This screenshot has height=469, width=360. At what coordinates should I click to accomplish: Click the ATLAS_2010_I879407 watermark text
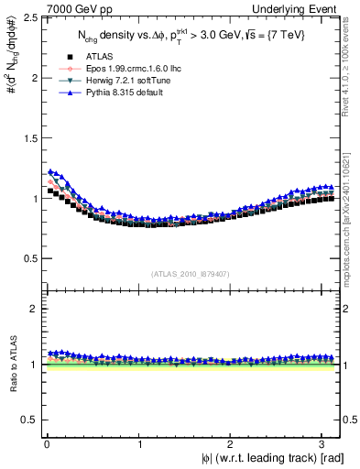191,273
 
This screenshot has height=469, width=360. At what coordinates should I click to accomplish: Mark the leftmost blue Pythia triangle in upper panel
49,171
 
